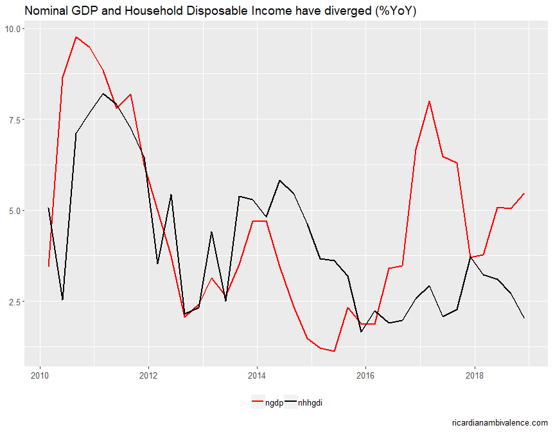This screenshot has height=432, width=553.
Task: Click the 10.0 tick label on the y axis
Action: [x=14, y=29]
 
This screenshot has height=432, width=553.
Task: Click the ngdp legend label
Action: [x=274, y=403]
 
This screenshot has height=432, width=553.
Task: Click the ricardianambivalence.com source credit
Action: [x=500, y=422]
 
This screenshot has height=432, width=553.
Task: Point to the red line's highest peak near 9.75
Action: [x=76, y=37]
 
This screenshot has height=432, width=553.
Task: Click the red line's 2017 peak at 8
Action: [x=429, y=102]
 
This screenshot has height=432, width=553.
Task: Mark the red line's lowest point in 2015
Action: [x=334, y=351]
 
